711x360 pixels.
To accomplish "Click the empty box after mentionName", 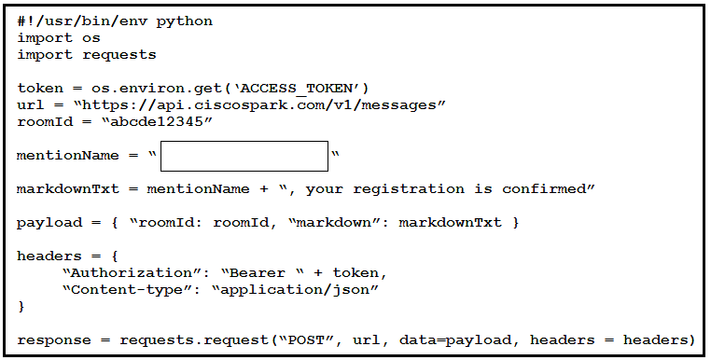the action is tap(244, 156).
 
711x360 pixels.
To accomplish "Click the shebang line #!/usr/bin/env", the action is tap(82, 21).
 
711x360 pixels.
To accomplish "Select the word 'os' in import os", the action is tap(91, 38).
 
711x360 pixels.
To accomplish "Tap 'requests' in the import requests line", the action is tap(119, 55).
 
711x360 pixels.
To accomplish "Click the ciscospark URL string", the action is tap(259, 105).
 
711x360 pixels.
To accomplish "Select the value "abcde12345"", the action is tap(157, 121).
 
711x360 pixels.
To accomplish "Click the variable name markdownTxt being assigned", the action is tap(68, 188).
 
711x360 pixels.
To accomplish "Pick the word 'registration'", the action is tap(409, 189).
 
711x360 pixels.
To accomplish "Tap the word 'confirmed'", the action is tap(544, 188).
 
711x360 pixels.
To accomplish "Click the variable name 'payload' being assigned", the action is tap(49, 223).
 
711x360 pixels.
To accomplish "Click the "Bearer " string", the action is tap(262, 272).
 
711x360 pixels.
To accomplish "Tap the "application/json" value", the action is tap(295, 290).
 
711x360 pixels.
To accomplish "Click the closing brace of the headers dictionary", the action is tap(21, 307).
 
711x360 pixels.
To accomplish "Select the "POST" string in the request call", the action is tap(307, 340).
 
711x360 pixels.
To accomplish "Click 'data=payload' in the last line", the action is tap(454, 340).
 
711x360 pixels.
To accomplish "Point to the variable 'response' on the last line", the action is tap(54, 341).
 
